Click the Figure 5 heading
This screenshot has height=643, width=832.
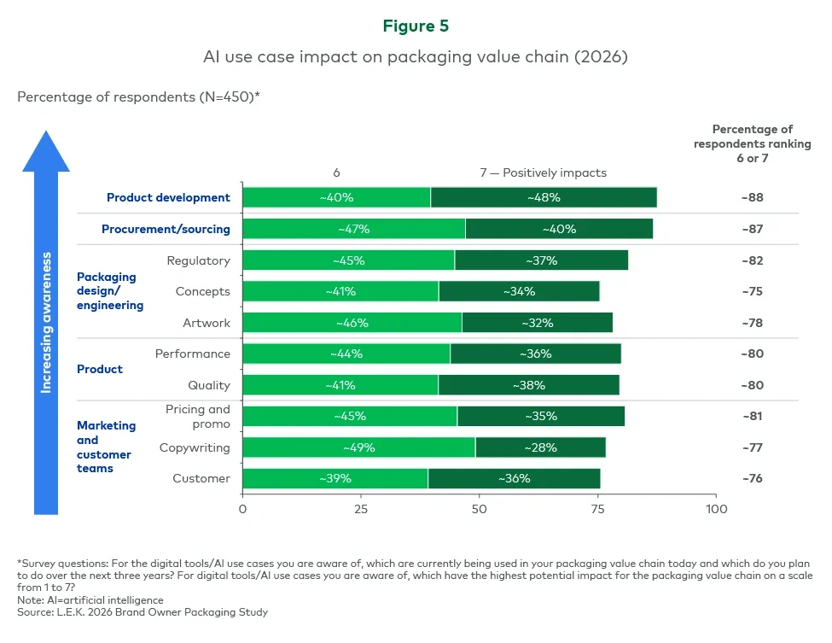(x=416, y=26)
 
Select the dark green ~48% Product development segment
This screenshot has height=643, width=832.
(x=544, y=197)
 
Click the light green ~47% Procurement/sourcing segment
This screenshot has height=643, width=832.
(x=354, y=229)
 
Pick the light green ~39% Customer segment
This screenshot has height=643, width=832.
(x=335, y=478)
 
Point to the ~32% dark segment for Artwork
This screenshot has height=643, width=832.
(x=538, y=323)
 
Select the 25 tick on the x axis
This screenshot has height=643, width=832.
(x=361, y=509)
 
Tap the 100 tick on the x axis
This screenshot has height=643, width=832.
(x=716, y=509)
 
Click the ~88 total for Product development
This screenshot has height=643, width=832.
(x=752, y=197)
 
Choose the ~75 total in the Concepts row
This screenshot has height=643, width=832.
(x=752, y=291)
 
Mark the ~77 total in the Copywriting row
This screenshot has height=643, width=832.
(x=752, y=447)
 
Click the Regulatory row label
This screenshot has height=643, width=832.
(x=198, y=260)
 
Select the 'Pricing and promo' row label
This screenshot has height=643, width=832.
(x=198, y=416)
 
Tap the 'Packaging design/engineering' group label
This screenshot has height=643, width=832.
(x=110, y=291)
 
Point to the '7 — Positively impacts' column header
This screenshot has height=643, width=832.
(x=543, y=172)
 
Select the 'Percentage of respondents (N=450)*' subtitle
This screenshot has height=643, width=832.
(x=138, y=96)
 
